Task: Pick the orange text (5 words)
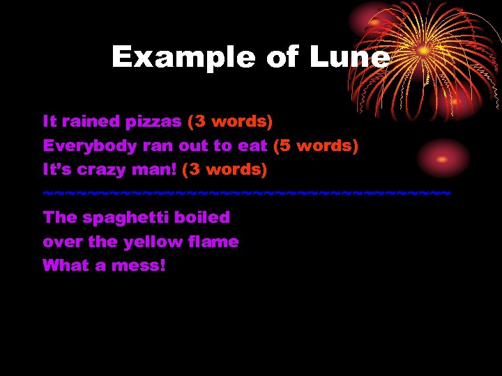[x=316, y=146]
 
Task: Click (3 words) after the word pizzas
[x=230, y=122]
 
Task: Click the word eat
[x=254, y=146]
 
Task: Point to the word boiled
[x=202, y=217]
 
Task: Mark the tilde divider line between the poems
[x=247, y=192]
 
